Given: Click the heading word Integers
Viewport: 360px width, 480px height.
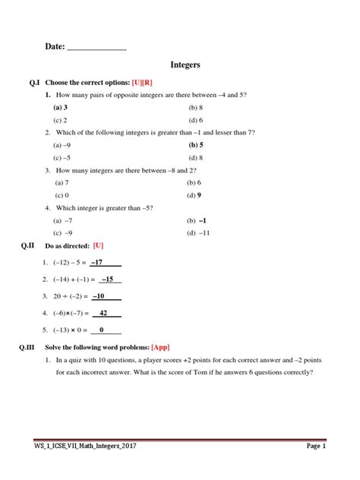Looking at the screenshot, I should pyautogui.click(x=185, y=65).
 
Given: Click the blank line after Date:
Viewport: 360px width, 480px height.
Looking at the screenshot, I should pyautogui.click(x=97, y=47).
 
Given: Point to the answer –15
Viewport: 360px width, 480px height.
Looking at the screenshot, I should pyautogui.click(x=106, y=279).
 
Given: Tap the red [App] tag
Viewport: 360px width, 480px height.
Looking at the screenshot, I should pyautogui.click(x=161, y=347).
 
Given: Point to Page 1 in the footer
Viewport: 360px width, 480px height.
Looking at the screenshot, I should pyautogui.click(x=315, y=447).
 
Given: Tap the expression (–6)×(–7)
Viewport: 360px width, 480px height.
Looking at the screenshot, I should pyautogui.click(x=68, y=313).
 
